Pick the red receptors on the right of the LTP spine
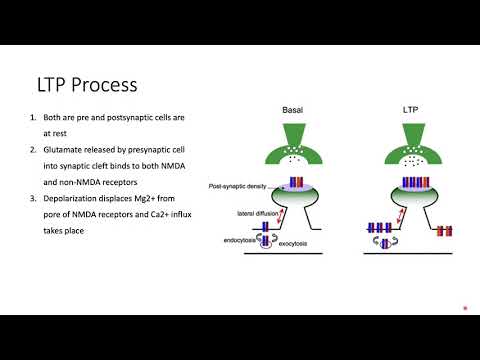[445, 231]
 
